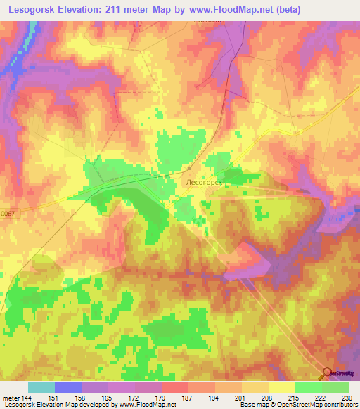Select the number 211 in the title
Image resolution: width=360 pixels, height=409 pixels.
click(117, 9)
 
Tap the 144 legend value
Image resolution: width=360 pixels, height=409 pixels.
click(26, 398)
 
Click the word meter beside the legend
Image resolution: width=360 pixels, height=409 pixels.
click(9, 398)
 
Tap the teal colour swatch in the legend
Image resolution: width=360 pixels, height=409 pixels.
click(41, 387)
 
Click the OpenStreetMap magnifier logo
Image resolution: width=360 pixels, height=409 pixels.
click(328, 372)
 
